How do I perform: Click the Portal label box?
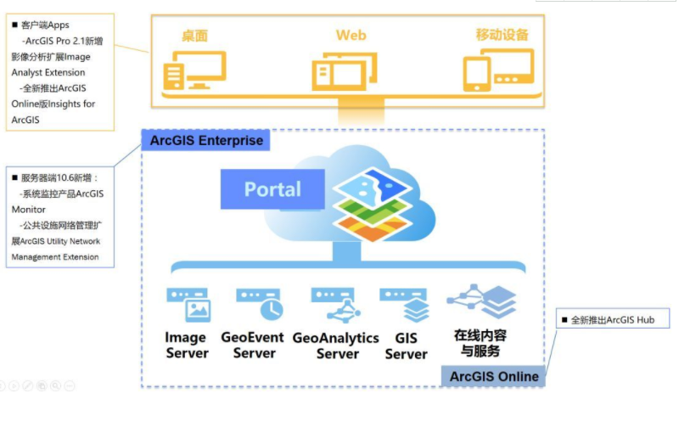tap(272, 188)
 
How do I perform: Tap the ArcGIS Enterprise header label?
tap(206, 140)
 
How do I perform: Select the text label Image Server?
tap(187, 345)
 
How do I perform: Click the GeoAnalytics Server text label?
tap(335, 345)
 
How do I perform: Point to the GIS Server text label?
tap(406, 346)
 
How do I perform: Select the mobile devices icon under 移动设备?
tap(498, 70)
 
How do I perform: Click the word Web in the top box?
tap(351, 35)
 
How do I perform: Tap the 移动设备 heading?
tap(502, 35)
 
